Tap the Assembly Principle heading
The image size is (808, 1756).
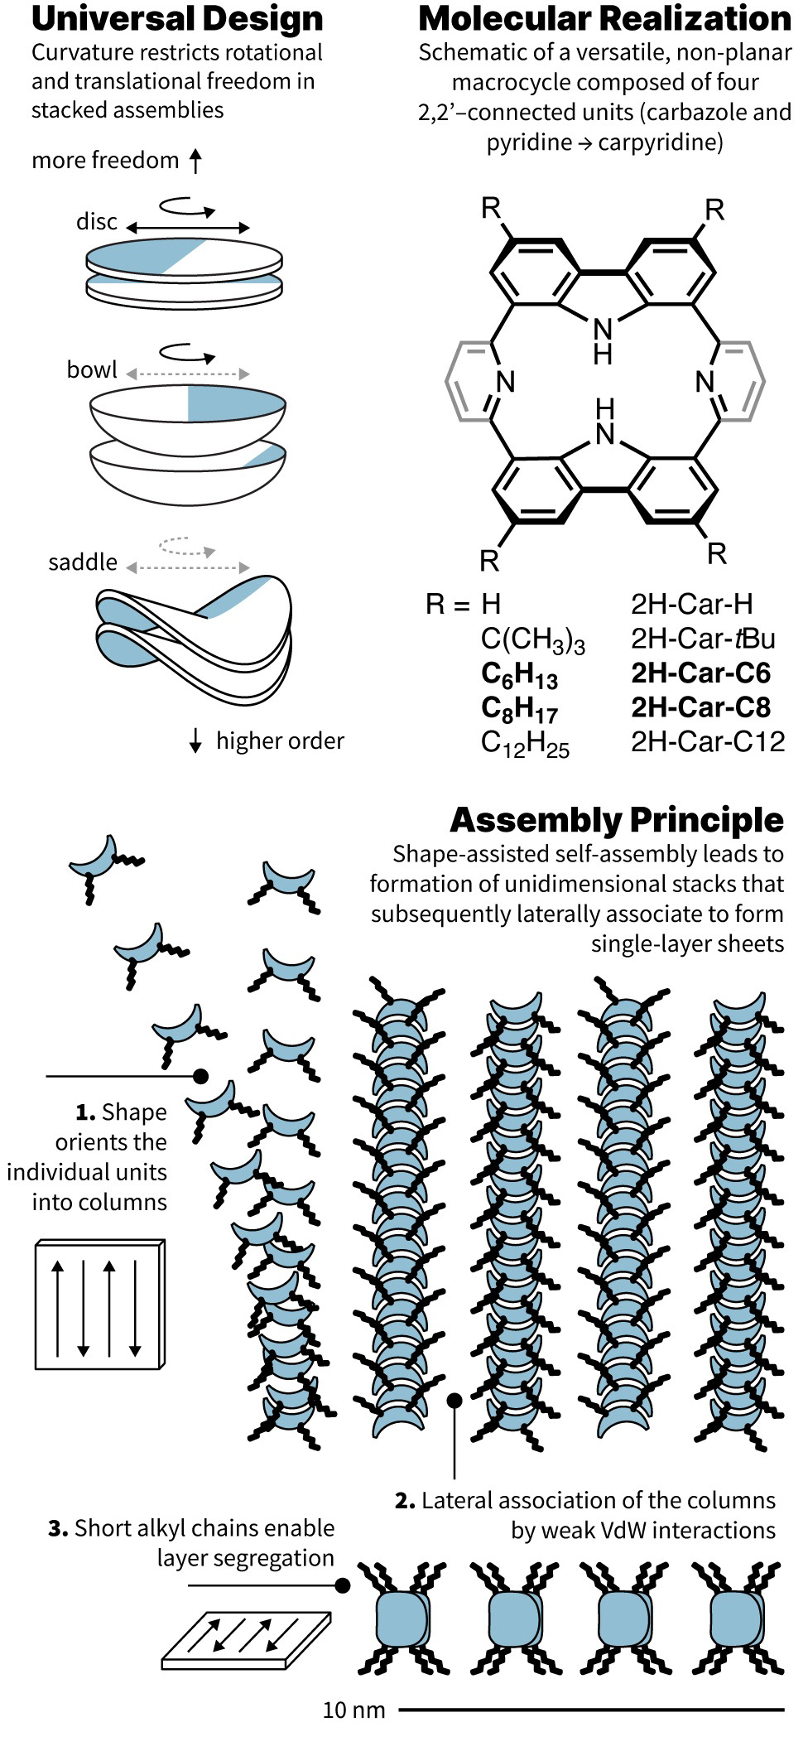pyautogui.click(x=616, y=820)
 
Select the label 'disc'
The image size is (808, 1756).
pyautogui.click(x=96, y=222)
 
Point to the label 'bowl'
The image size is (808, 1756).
pyautogui.click(x=92, y=369)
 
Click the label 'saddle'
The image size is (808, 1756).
pyautogui.click(x=83, y=562)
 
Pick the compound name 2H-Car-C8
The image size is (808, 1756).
pyautogui.click(x=700, y=707)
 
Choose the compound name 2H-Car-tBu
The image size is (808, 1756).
pyautogui.click(x=702, y=639)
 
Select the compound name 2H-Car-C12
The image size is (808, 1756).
pyautogui.click(x=707, y=741)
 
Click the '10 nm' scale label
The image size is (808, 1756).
pyautogui.click(x=354, y=1710)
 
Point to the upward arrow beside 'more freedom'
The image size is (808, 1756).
pyautogui.click(x=195, y=161)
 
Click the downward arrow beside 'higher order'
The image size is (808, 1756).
pyautogui.click(x=195, y=741)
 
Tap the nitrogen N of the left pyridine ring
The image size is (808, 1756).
pyautogui.click(x=505, y=382)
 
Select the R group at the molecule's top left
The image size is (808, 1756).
pyautogui.click(x=491, y=209)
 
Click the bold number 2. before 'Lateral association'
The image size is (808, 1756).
pyautogui.click(x=404, y=1501)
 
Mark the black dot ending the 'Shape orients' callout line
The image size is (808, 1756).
pyautogui.click(x=200, y=1076)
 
